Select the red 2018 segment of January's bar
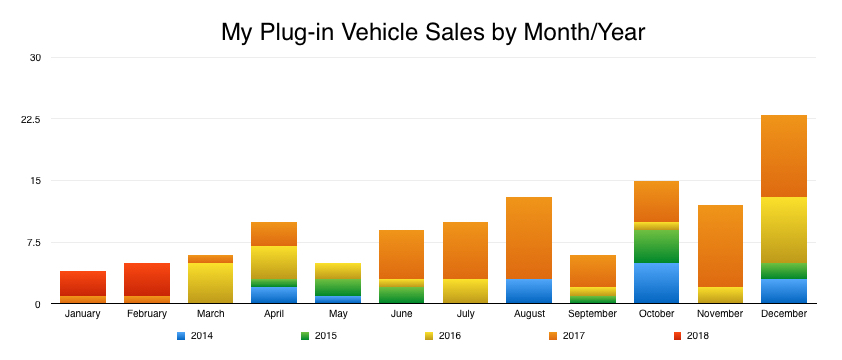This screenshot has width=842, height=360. tap(83, 283)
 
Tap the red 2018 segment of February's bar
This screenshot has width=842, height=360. tap(146, 279)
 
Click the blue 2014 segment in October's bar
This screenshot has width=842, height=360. tap(656, 283)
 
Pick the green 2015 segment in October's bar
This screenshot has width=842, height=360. tap(656, 246)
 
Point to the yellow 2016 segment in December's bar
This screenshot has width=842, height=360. tap(784, 230)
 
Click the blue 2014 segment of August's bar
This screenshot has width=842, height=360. tap(529, 291)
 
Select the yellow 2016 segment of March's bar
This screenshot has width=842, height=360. tap(210, 283)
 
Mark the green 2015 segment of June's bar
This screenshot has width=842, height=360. tap(401, 295)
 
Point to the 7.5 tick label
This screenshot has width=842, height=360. tap(33, 242)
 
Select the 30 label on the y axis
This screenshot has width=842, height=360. tap(35, 57)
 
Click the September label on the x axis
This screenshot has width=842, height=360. tap(593, 314)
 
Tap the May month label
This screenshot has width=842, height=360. tap(338, 314)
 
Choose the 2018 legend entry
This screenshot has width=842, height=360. tap(690, 336)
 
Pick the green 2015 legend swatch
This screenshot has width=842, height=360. tap(306, 336)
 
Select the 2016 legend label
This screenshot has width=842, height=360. tap(449, 336)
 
